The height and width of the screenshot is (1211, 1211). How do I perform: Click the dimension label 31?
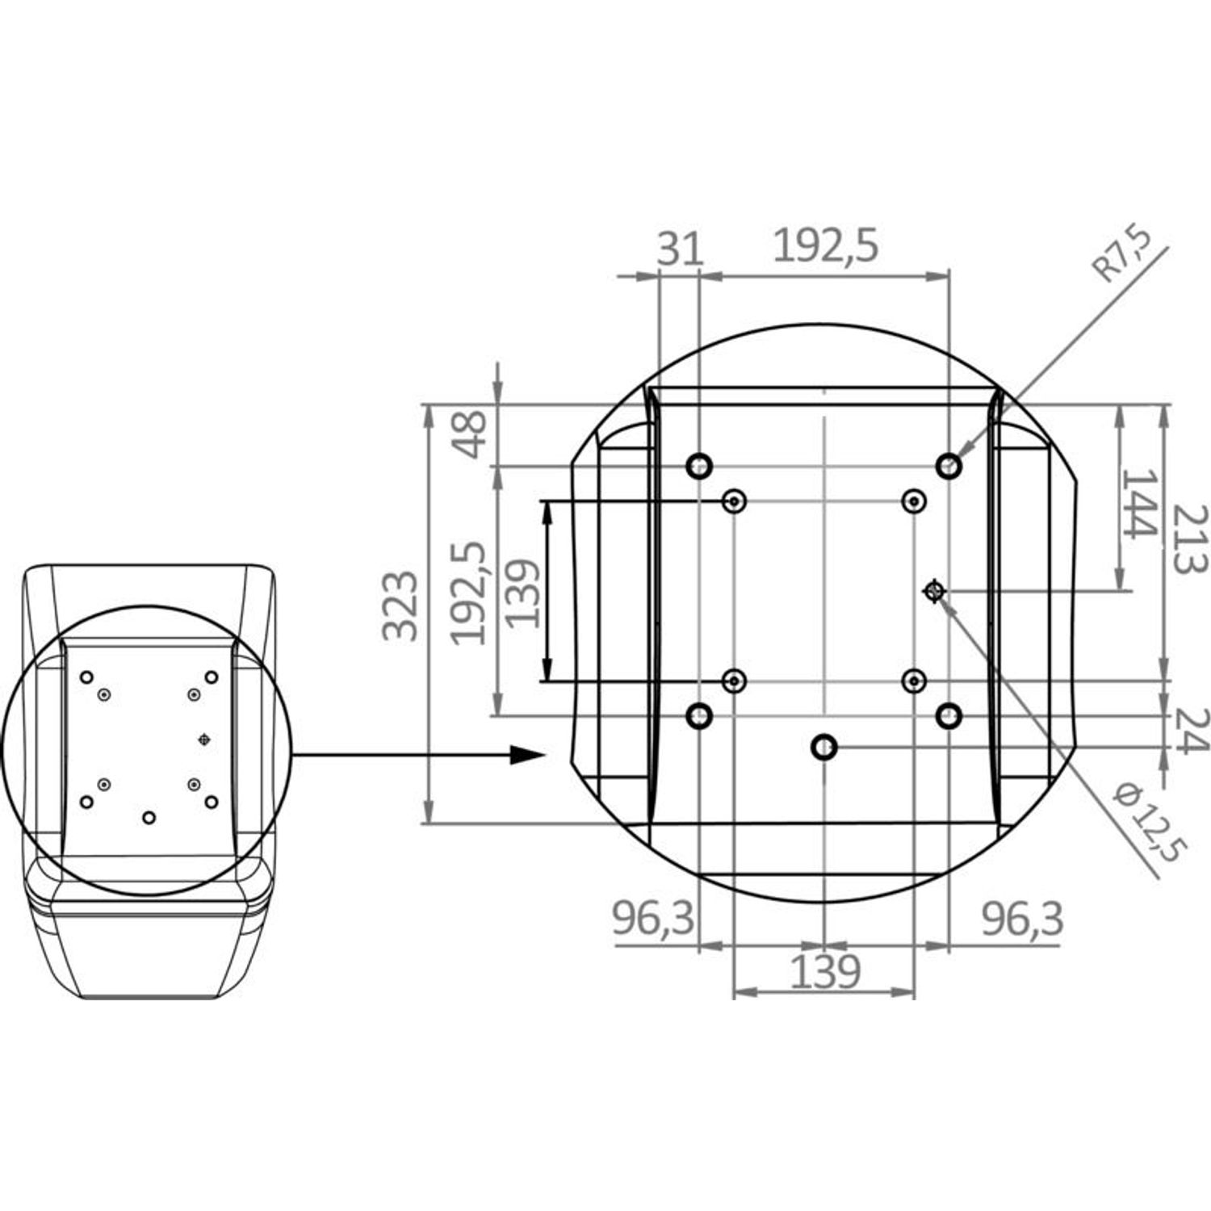click(680, 248)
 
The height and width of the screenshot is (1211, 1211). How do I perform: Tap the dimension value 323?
click(400, 605)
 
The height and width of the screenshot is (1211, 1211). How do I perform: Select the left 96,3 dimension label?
click(653, 919)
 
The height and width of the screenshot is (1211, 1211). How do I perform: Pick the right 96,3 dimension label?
click(1022, 919)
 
